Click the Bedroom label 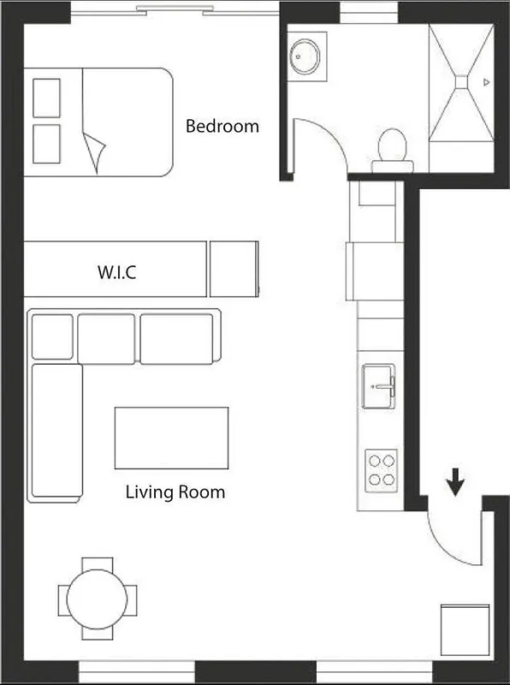[x=222, y=127]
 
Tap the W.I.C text [x=116, y=274]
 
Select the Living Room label [x=175, y=492]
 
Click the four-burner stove [x=380, y=470]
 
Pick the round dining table [x=97, y=599]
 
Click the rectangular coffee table [x=171, y=438]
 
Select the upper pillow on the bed [x=46, y=98]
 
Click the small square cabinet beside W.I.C [x=234, y=269]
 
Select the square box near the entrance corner [x=465, y=630]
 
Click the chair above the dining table [x=97, y=564]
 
